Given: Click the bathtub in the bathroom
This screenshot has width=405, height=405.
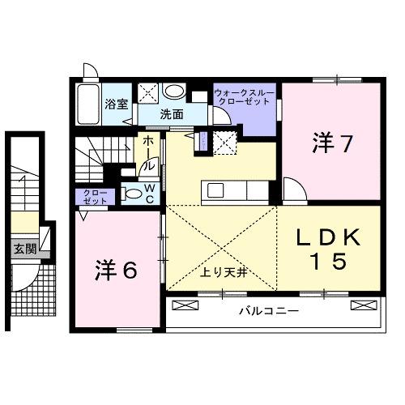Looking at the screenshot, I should pyautogui.click(x=87, y=103).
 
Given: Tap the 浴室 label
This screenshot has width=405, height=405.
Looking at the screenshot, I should pyautogui.click(x=117, y=104).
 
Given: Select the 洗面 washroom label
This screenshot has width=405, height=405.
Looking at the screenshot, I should pyautogui.click(x=170, y=114).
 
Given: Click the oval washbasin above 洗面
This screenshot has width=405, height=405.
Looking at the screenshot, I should pyautogui.click(x=174, y=92).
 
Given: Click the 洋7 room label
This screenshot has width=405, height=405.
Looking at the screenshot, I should pyautogui.click(x=331, y=143).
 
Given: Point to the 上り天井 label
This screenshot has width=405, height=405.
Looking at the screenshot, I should pyautogui.click(x=223, y=273).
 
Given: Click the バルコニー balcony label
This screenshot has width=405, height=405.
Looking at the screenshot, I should pyautogui.click(x=270, y=311).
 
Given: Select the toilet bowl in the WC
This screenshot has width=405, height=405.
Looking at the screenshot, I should pyautogui.click(x=132, y=193).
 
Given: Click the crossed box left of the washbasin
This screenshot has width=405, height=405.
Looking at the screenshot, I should pyautogui.click(x=148, y=92).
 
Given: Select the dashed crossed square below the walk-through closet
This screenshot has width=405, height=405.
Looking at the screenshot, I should pyautogui.click(x=226, y=141).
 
